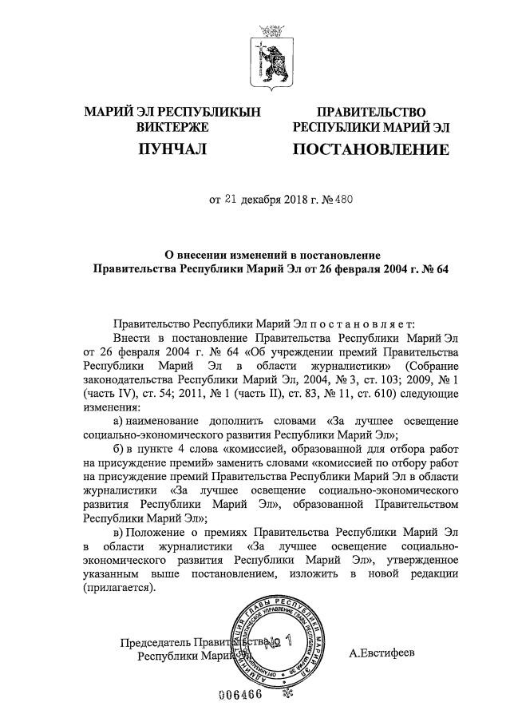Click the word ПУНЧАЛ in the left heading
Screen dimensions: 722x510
(172, 149)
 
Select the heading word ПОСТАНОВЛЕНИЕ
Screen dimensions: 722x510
(371, 149)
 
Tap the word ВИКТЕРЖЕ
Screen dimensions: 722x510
(172, 127)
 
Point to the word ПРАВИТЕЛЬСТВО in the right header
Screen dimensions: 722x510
(371, 112)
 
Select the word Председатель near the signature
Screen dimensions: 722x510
(156, 643)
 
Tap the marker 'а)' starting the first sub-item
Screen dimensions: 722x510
(117, 420)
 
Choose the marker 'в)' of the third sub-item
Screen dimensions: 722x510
(117, 532)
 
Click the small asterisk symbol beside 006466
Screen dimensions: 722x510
(288, 694)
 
